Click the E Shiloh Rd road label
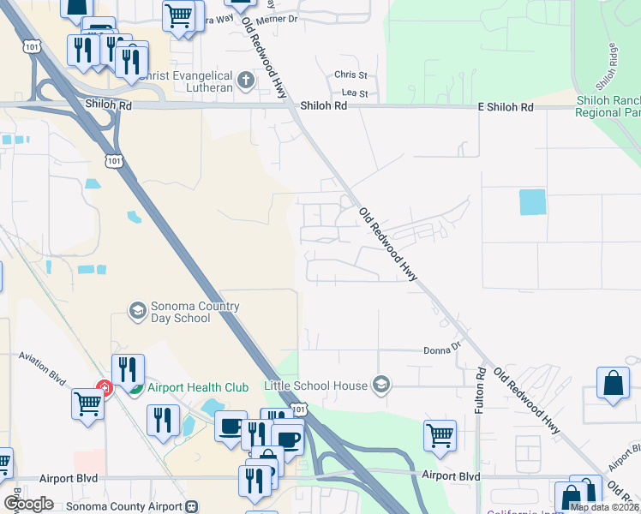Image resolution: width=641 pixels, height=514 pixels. [x=506, y=107]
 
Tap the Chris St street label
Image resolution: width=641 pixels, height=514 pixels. [x=350, y=75]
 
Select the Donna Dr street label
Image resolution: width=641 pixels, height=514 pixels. [x=442, y=350]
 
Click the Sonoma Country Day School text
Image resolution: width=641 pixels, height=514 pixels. [x=181, y=312]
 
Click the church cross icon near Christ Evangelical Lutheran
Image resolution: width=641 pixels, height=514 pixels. [x=246, y=83]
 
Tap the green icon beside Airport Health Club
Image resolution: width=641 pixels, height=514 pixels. [x=135, y=387]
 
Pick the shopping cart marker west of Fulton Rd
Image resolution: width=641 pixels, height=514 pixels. [x=440, y=435]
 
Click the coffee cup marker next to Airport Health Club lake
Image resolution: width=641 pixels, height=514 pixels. [x=231, y=427]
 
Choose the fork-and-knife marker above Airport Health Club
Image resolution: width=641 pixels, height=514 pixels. [x=128, y=369]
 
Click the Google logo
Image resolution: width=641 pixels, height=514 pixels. [x=28, y=504]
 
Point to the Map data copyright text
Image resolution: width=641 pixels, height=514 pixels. [x=604, y=507]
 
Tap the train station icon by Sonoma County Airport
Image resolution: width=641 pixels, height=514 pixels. [x=192, y=506]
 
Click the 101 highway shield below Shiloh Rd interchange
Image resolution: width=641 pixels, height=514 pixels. [x=113, y=160]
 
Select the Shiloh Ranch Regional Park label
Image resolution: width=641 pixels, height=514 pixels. [x=608, y=106]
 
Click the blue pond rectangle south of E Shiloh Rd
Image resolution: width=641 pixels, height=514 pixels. [x=532, y=202]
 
